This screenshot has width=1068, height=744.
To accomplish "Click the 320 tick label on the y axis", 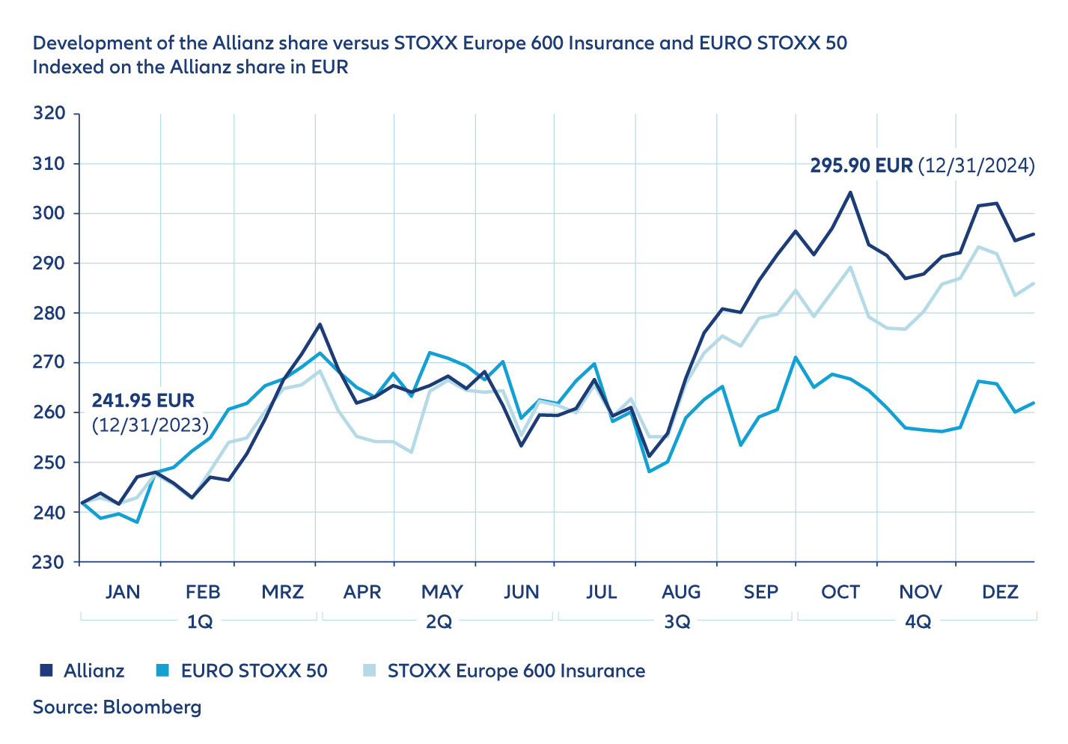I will tap(49, 114).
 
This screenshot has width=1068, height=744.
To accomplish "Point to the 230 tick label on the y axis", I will tap(49, 562).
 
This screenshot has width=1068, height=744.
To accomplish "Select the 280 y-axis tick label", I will tap(49, 313).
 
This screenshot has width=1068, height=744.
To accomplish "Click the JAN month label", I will tap(122, 592).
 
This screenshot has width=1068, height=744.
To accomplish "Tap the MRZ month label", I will tap(282, 592).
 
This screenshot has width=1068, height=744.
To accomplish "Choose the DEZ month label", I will tap(1000, 592).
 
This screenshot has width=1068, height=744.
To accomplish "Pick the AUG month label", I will tap(681, 592).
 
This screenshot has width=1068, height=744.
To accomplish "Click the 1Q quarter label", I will tap(200, 622).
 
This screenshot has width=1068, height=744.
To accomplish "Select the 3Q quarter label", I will tap(677, 622).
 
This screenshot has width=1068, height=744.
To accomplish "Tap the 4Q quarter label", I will tap(918, 622).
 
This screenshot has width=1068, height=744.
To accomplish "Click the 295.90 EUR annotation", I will tap(861, 165).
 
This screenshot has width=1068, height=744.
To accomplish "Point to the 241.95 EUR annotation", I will tap(143, 400).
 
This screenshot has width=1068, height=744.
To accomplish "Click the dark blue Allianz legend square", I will tap(46, 671).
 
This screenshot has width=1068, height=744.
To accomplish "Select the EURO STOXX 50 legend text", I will tap(254, 671).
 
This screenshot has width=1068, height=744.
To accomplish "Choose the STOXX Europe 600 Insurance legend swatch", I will tap(370, 671).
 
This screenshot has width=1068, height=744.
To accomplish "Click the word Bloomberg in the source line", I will tap(152, 707).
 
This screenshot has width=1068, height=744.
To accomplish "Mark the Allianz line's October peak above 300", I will tap(850, 192).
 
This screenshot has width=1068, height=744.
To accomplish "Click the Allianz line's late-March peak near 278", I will tap(320, 324).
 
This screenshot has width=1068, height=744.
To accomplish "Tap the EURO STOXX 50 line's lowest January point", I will tap(137, 522).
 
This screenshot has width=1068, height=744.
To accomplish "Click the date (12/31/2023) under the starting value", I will tap(150, 425).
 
